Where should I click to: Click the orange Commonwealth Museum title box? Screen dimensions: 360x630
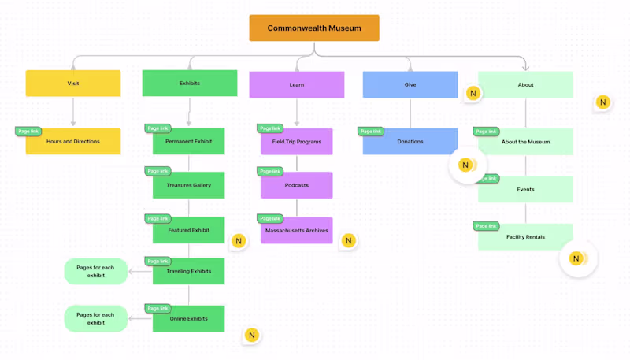(314, 28)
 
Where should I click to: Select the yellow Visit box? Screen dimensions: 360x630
(73, 84)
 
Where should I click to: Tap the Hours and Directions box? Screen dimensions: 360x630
(73, 142)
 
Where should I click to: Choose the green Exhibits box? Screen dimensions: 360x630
(189, 84)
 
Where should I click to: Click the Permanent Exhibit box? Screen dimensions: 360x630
(189, 143)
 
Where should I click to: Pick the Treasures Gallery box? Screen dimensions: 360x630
(189, 186)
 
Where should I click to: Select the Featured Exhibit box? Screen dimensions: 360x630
(189, 231)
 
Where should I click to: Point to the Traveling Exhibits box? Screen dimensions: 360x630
(189, 272)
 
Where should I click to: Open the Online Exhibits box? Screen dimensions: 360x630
(189, 319)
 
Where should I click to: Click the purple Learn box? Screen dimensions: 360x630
(297, 85)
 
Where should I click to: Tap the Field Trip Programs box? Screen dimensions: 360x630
(297, 143)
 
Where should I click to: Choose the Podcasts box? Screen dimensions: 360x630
(297, 186)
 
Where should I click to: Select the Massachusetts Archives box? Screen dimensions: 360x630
(297, 231)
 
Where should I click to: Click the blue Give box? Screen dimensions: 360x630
(410, 85)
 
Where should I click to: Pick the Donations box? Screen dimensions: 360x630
(410, 143)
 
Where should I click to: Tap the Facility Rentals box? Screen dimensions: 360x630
(525, 237)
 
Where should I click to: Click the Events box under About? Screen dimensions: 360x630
(525, 190)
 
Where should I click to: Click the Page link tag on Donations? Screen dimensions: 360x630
(370, 132)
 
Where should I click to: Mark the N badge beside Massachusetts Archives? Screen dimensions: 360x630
(349, 241)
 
